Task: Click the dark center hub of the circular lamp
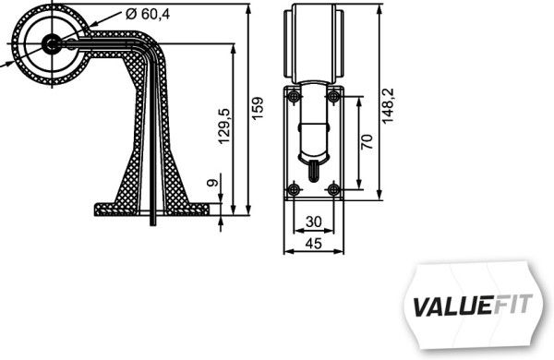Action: [x=51, y=42]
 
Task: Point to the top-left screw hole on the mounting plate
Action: [x=294, y=97]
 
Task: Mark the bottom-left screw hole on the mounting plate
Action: [x=294, y=189]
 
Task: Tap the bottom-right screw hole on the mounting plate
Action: [x=333, y=189]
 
